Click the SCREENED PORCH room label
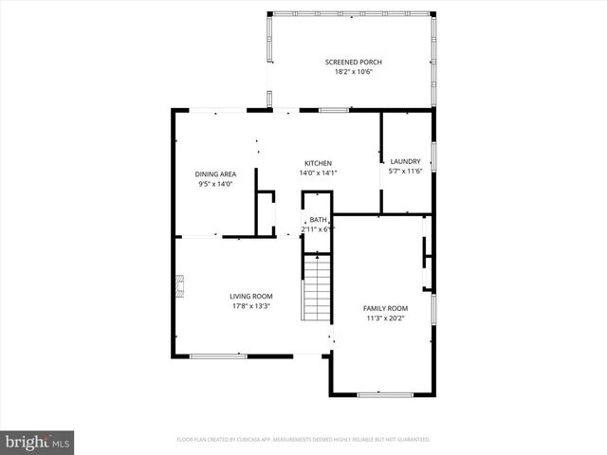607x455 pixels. pos(353,63)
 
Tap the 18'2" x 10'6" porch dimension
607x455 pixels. pos(353,72)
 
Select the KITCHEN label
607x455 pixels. pos(318,162)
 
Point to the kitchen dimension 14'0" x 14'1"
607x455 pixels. pos(318,173)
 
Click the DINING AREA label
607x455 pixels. pos(215,174)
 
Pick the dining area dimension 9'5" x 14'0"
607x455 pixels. pos(215,184)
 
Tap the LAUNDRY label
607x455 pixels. pos(406,162)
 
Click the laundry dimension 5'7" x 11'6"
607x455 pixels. pos(406,172)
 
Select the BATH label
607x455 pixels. pos(317,220)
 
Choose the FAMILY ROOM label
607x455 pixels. pos(385,308)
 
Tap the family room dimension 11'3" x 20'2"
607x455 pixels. pos(385,318)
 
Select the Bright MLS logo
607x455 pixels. pos(38,442)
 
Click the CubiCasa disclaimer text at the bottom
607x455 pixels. pos(303,440)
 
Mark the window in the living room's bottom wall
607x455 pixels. pos(219,356)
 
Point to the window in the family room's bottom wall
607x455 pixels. pos(384,393)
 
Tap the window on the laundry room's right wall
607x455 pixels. pos(433,156)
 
